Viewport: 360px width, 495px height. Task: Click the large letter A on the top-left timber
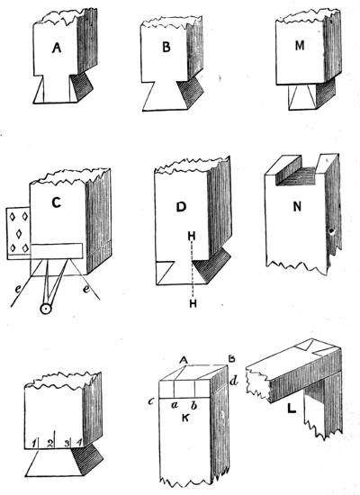56,48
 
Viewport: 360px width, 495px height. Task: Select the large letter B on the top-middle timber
166,47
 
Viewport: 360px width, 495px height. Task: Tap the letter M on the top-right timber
300,46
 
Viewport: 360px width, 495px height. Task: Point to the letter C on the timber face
56,202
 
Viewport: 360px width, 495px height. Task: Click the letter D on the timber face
181,207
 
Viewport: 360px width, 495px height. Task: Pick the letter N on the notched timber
297,207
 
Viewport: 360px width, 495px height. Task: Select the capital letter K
185,418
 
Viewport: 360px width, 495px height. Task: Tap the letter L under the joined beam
292,409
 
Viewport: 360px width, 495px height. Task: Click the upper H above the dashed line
192,236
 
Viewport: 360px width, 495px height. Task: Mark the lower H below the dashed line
193,303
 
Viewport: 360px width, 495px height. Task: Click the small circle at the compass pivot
46,310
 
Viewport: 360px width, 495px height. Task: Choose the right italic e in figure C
86,289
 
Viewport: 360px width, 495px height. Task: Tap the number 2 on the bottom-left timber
49,443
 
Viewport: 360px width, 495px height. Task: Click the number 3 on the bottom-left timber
67,443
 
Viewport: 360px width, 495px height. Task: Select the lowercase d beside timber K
233,382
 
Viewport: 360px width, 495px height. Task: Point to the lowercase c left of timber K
151,402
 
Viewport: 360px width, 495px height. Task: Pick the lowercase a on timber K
174,405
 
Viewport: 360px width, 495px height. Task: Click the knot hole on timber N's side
332,233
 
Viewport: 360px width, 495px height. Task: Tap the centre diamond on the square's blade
19,234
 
